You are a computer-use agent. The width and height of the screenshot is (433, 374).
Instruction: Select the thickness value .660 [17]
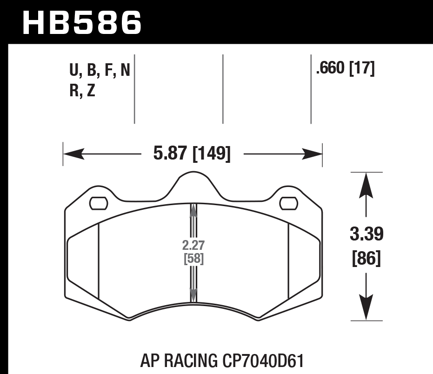tap(345, 69)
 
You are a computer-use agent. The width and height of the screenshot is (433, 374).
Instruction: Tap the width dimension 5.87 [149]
tap(192, 154)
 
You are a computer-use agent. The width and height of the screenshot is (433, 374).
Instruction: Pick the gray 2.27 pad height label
tap(193, 245)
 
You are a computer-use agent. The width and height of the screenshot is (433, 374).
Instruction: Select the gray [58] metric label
tap(193, 259)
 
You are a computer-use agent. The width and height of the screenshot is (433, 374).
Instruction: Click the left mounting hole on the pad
tap(98, 203)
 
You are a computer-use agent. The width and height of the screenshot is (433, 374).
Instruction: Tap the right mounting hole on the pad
tap(289, 203)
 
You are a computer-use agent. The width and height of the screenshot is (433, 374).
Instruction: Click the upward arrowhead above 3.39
tap(367, 181)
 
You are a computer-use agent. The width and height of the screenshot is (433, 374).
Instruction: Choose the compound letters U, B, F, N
tap(100, 71)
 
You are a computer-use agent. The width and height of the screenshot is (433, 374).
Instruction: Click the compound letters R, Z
tap(82, 91)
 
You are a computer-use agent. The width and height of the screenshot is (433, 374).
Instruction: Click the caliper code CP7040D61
tap(262, 361)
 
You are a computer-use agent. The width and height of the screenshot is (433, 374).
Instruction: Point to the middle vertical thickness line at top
tap(223, 89)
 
